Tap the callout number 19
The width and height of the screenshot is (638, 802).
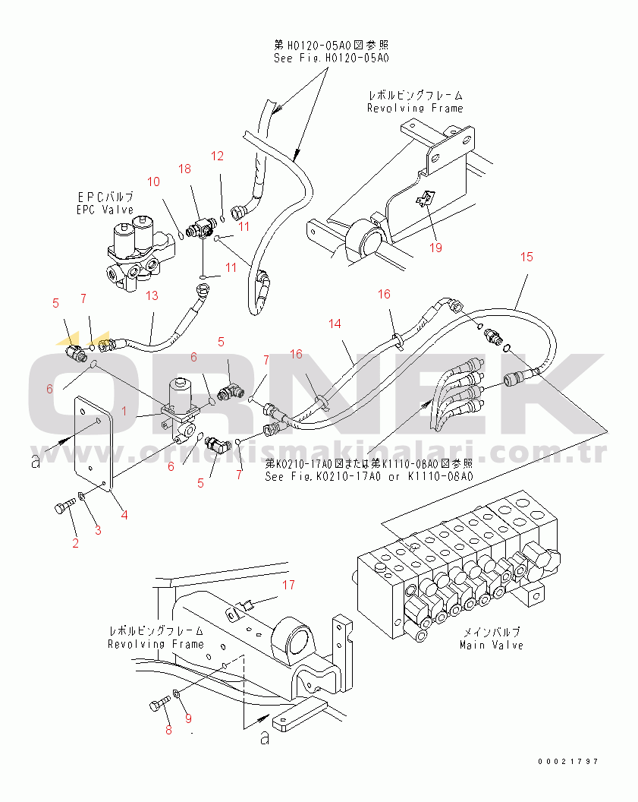point(434,247)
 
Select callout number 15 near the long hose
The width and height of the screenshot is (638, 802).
point(526,257)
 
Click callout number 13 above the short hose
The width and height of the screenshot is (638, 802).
point(152,295)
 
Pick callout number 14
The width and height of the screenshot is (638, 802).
point(335,324)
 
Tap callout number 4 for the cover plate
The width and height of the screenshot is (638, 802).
point(124,515)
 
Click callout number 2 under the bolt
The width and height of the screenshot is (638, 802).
point(75,543)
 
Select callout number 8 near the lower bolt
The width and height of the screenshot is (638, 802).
point(168,731)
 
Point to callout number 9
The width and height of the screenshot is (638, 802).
point(188,718)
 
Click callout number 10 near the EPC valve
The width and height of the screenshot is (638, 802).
point(154,182)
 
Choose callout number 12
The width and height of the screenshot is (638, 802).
point(218,156)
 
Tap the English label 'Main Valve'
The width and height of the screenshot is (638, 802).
point(491,645)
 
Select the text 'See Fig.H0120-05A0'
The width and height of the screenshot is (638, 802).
point(332,58)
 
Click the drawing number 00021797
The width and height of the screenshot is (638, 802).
point(569,761)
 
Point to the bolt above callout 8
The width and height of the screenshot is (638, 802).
point(159,706)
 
